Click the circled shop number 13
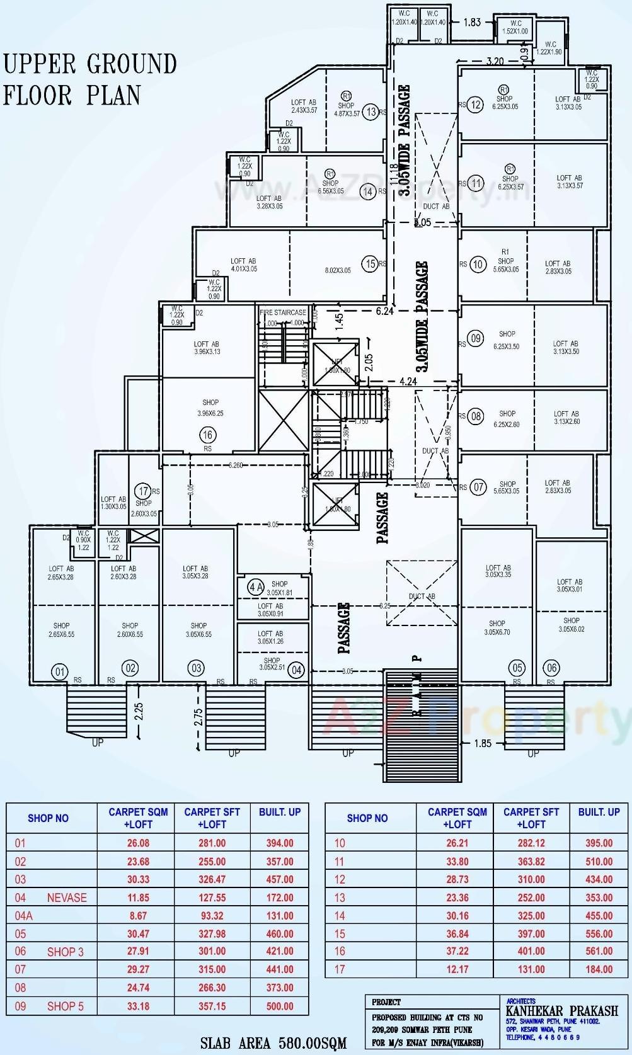pos(371,112)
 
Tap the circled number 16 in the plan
pos(207,435)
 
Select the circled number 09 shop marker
pos(476,338)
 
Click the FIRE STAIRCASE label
pos(283,312)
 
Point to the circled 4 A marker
pos(256,588)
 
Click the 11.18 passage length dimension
pos(394,174)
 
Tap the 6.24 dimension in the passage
pos(384,311)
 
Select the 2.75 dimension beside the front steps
pos(198,717)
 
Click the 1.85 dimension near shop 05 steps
pos(483,743)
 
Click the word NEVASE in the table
pos(67,898)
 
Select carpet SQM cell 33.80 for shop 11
pos(457,861)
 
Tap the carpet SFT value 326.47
pos(212,879)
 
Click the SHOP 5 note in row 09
pos(65,1006)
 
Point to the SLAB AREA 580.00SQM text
pos(273,1044)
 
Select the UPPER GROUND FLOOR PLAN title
pos(90,79)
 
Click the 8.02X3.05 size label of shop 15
pos(338,271)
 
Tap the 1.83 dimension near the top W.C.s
pos(472,22)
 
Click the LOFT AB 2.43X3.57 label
pos(304,106)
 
